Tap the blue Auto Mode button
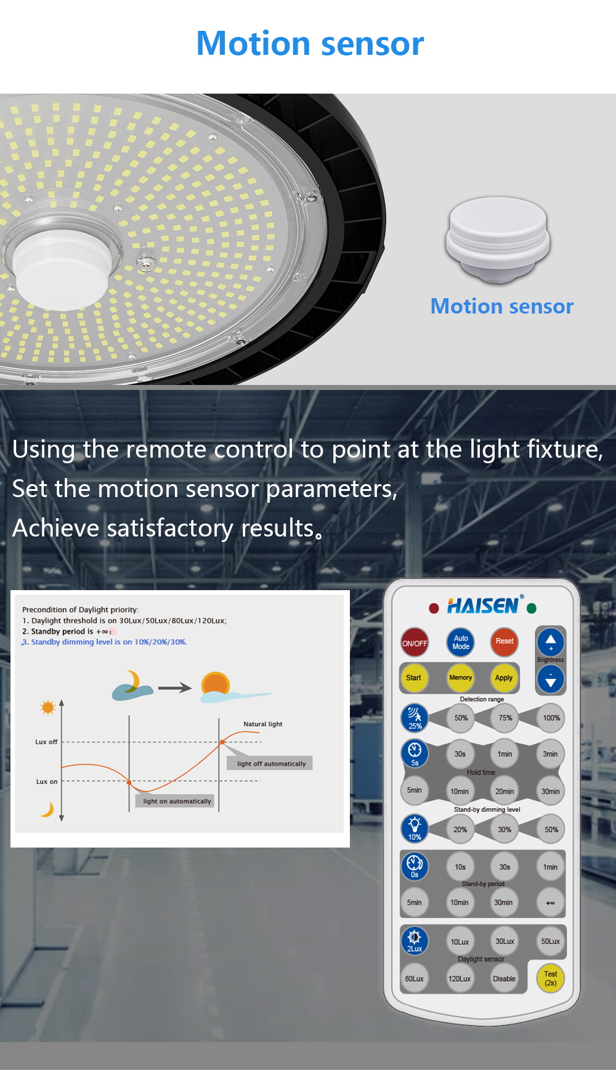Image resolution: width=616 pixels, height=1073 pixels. [x=461, y=642]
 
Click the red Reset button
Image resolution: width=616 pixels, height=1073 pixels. [x=505, y=642]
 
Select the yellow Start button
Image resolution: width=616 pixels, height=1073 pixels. [x=414, y=678]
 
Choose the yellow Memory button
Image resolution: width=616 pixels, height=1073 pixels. [x=460, y=678]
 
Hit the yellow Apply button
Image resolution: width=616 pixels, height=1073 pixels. [x=504, y=678]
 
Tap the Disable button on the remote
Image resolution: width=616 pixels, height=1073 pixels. [x=504, y=979]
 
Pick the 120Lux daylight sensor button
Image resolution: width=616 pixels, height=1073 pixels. [x=460, y=979]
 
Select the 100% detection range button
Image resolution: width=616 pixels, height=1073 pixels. [x=551, y=718]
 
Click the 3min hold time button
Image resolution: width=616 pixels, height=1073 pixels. [x=550, y=754]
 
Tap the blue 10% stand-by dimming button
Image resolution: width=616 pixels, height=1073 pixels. [x=415, y=828]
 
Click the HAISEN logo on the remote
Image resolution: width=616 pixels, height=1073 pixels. [x=484, y=606]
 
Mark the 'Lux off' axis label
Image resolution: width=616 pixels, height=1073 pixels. [x=46, y=742]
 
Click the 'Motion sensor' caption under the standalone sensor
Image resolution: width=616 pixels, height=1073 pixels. [x=502, y=306]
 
